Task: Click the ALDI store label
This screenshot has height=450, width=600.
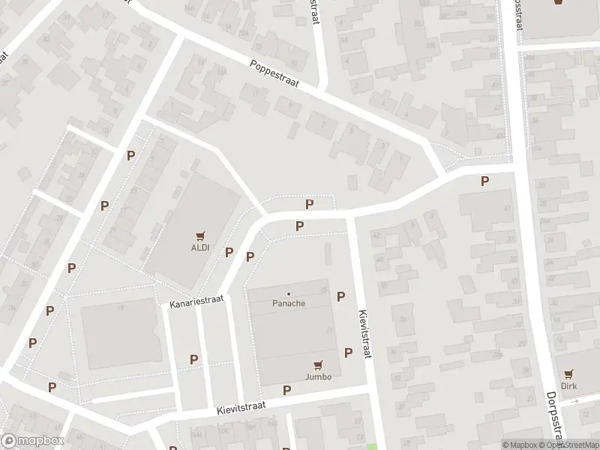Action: click(199, 248)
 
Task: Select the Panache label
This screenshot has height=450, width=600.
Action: click(288, 304)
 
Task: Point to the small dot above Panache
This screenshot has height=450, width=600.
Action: click(289, 293)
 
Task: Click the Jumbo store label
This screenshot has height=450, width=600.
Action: click(319, 376)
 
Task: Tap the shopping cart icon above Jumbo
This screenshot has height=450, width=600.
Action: click(319, 365)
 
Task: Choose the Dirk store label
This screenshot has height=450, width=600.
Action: click(570, 385)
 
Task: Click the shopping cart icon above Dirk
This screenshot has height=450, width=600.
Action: click(569, 373)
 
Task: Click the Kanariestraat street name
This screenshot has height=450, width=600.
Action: click(197, 301)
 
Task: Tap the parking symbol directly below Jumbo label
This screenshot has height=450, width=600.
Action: click(286, 389)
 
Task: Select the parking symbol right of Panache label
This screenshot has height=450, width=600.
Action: click(341, 297)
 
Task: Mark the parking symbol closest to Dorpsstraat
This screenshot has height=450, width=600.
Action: click(484, 181)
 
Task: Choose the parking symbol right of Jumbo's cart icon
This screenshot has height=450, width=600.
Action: click(348, 352)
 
